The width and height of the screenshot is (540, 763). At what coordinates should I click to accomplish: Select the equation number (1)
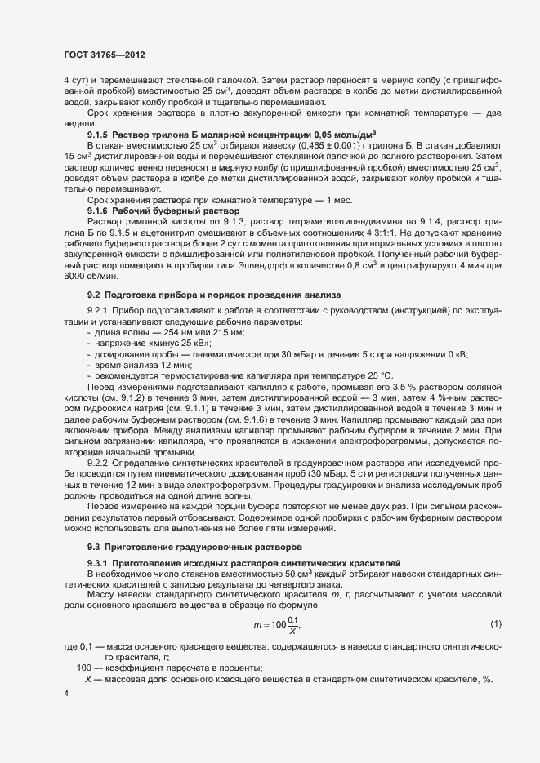coord(495,624)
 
